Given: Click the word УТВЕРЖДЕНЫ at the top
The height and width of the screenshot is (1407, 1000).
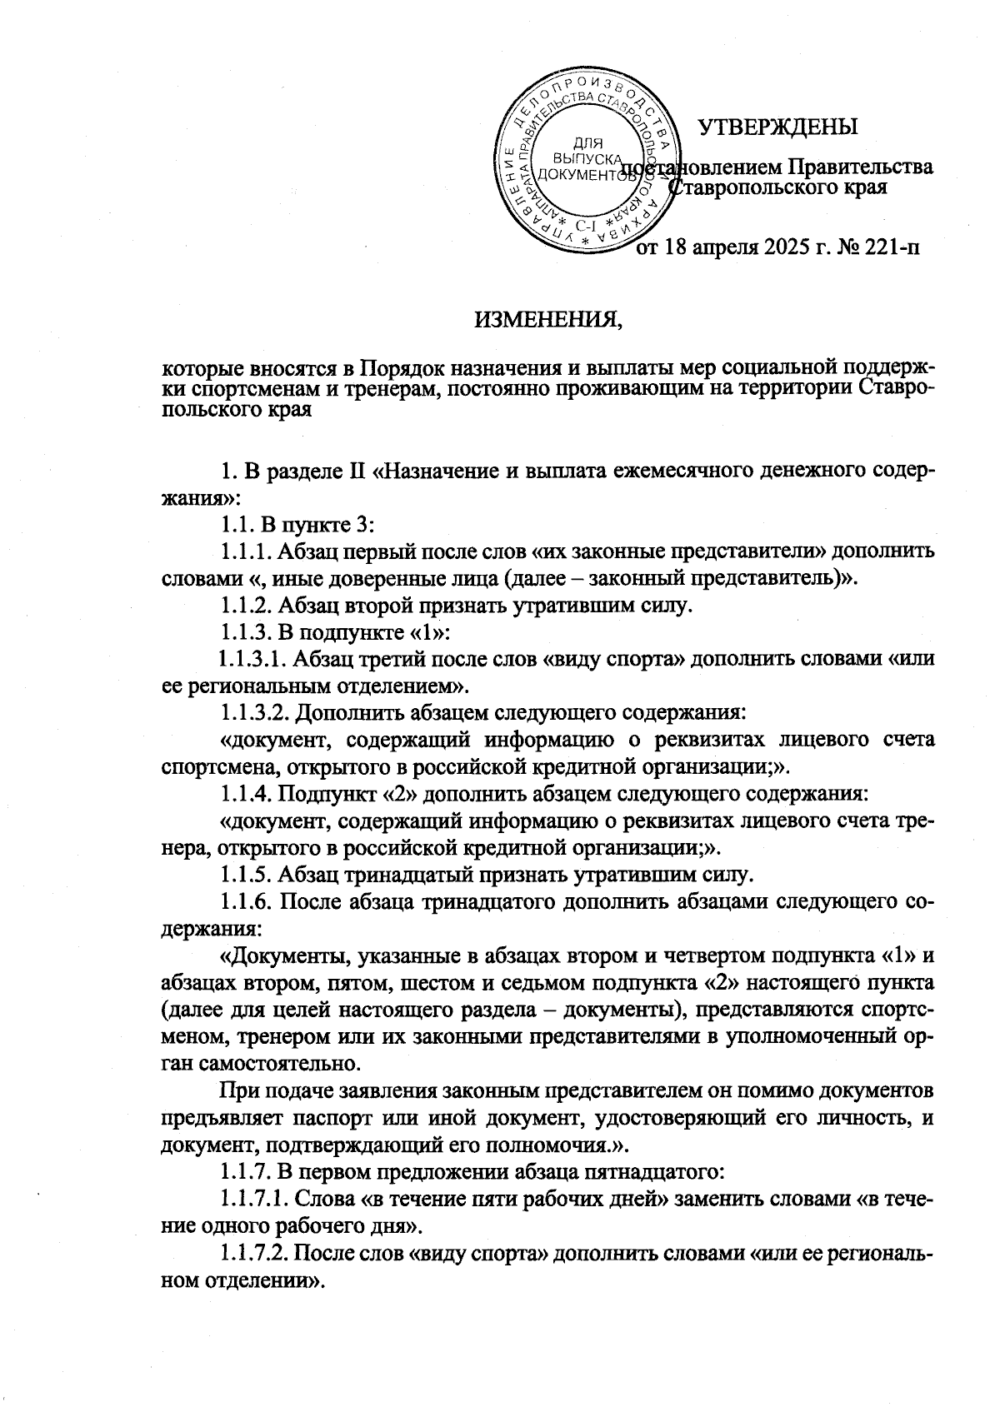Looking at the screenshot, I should tap(777, 127).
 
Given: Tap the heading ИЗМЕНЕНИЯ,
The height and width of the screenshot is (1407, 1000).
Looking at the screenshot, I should tap(548, 319).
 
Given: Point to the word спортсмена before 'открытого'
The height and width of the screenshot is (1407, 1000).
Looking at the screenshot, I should tap(211, 766).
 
